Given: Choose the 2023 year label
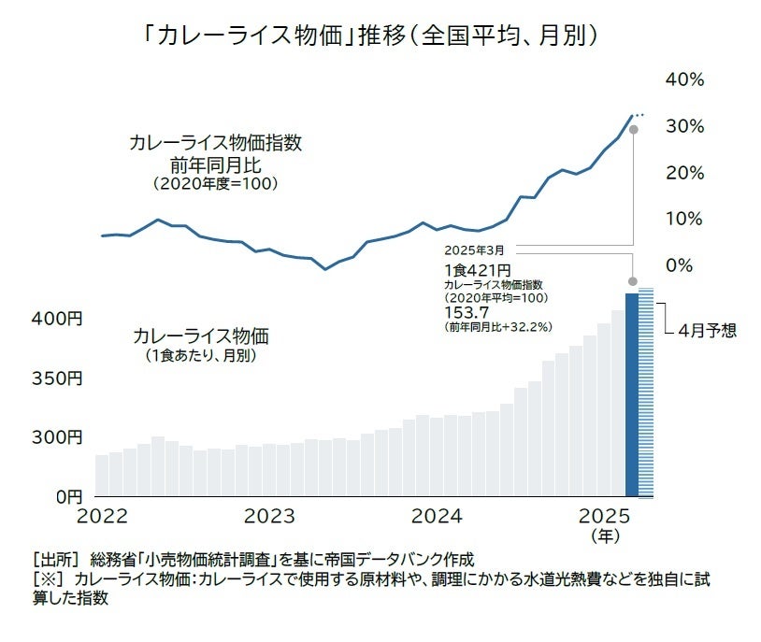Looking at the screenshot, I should (x=271, y=516).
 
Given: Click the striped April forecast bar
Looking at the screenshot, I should (x=646, y=392).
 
